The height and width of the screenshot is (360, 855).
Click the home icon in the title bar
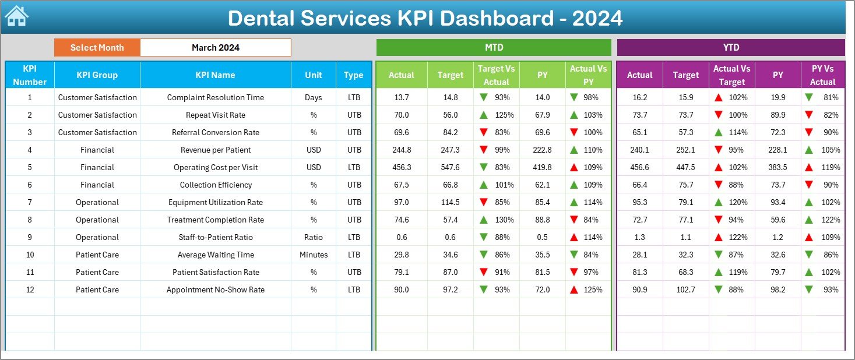pyautogui.click(x=16, y=16)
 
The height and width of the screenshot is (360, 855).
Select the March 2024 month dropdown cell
pyautogui.click(x=215, y=48)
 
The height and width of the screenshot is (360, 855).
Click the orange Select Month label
pyautogui.click(x=97, y=48)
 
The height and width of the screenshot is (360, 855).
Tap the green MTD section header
pyautogui.click(x=494, y=48)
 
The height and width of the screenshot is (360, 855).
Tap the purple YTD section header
pyautogui.click(x=730, y=48)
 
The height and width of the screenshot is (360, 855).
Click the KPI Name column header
pyautogui.click(x=215, y=75)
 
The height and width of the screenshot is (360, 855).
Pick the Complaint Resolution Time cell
pyautogui.click(x=215, y=97)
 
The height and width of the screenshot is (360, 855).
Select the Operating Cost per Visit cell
pyautogui.click(x=215, y=167)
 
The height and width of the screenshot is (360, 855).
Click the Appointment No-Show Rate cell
pyautogui.click(x=215, y=290)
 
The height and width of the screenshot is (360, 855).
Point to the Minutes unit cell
pyautogui.click(x=314, y=255)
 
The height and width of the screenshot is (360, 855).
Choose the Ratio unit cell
pyautogui.click(x=314, y=237)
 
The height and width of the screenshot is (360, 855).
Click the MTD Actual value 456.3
pyautogui.click(x=402, y=167)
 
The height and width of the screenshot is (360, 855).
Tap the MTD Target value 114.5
pyautogui.click(x=450, y=202)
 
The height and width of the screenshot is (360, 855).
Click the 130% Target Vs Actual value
pyautogui.click(x=504, y=220)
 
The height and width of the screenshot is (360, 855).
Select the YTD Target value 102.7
pyautogui.click(x=685, y=290)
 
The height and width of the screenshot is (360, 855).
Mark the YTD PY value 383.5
pyautogui.click(x=777, y=167)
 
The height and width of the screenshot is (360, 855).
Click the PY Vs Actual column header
pyautogui.click(x=822, y=75)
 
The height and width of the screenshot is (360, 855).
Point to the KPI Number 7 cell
pyautogui.click(x=30, y=202)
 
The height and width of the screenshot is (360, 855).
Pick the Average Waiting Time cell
pyautogui.click(x=215, y=255)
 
